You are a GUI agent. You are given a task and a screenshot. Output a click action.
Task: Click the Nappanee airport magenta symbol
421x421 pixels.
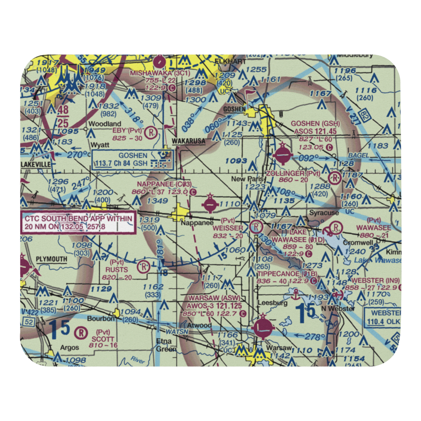210,205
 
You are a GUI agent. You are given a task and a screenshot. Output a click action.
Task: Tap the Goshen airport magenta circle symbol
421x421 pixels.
282,157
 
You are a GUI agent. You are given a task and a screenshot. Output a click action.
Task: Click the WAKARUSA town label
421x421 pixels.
188,141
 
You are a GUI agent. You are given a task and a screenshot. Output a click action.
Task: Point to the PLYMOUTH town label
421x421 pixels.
51,258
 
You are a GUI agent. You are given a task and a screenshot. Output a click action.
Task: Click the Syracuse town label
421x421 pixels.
324,213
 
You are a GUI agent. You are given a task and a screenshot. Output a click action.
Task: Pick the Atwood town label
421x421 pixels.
200,325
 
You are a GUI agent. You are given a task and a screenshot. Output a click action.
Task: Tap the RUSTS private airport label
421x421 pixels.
117,269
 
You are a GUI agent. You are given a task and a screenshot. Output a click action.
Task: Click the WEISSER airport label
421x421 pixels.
228,228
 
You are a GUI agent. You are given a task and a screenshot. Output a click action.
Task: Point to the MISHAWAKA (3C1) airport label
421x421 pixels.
154,72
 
